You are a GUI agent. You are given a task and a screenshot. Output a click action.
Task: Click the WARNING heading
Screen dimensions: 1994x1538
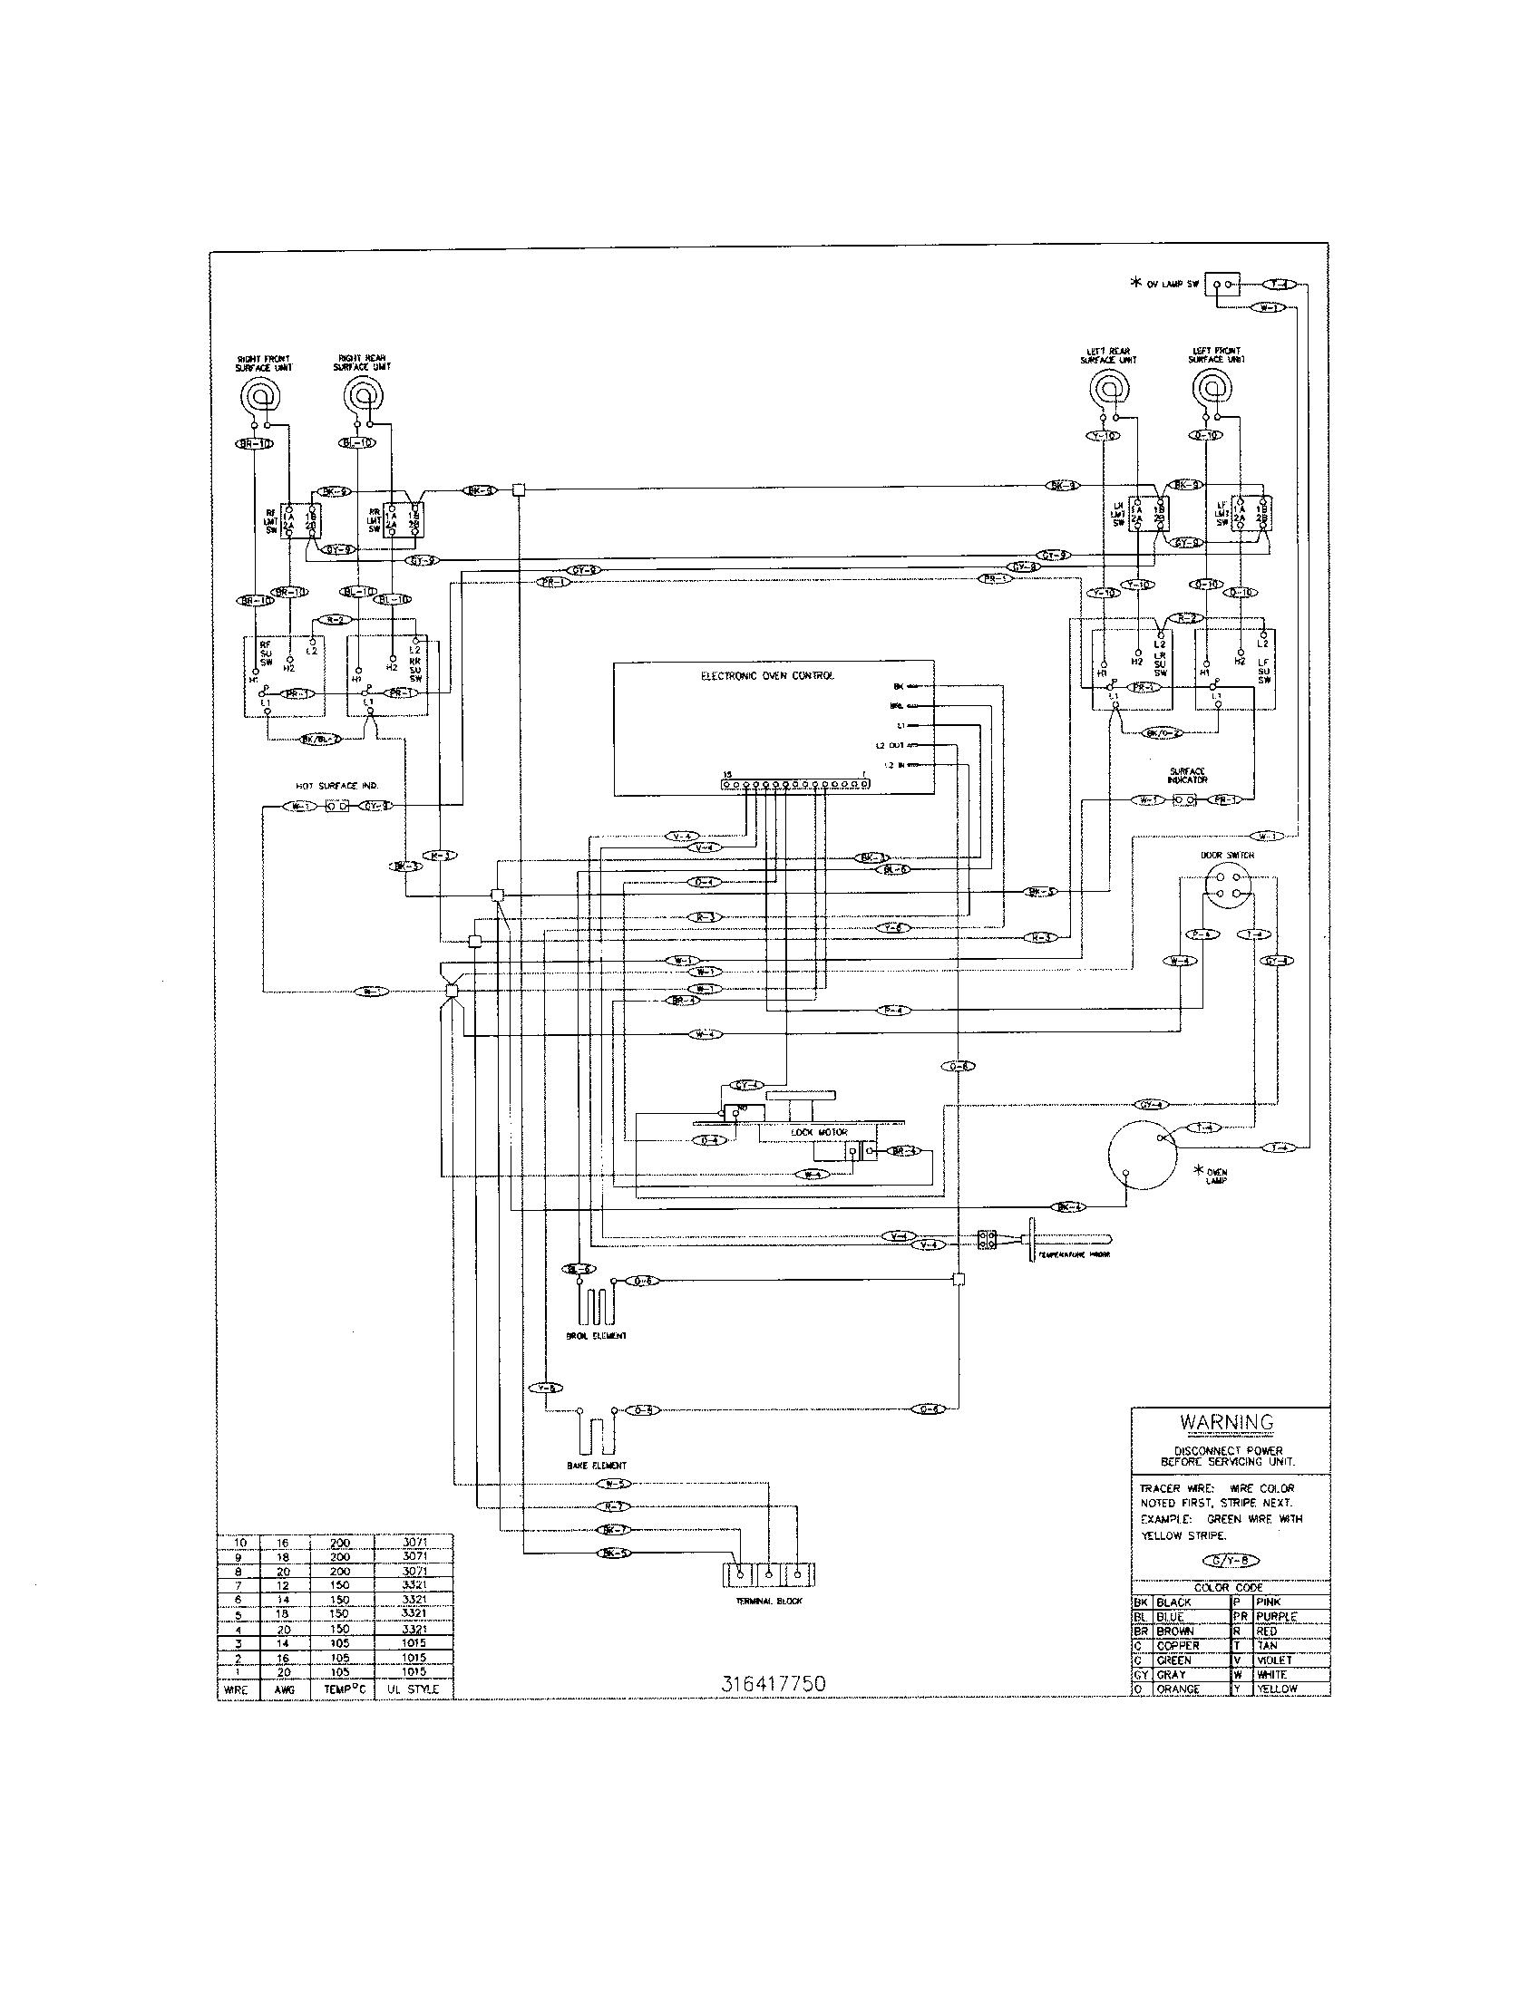pos(1226,1421)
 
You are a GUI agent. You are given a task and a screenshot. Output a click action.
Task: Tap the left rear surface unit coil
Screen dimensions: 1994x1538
pos(1111,388)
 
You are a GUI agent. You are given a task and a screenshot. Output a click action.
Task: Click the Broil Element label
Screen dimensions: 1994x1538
pos(596,1336)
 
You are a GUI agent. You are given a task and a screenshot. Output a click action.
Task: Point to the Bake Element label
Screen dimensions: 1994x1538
pos(596,1466)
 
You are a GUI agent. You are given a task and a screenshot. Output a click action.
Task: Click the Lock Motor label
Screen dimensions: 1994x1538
pos(818,1132)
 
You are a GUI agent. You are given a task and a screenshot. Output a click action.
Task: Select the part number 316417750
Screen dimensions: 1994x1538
pos(773,1685)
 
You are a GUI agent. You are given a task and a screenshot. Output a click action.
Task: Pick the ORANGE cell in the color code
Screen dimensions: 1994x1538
pos(1178,1689)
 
